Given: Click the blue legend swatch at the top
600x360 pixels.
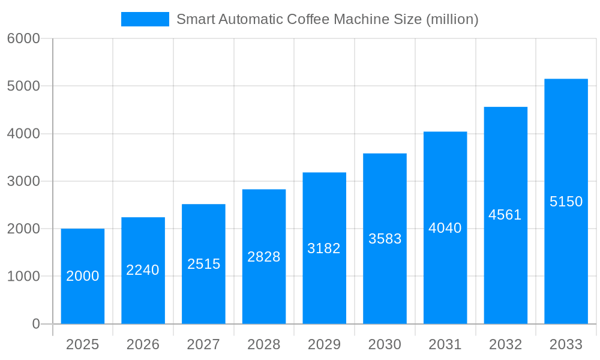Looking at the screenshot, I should [145, 19].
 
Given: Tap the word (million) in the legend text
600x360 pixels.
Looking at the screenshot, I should [452, 19].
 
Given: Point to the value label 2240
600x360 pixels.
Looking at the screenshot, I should [143, 270].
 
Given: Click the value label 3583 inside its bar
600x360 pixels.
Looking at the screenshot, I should [385, 239].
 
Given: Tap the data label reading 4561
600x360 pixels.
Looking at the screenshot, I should [505, 215].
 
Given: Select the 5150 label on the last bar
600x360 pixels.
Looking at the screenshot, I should [566, 202].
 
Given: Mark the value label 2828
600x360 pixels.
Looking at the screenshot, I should [264, 257].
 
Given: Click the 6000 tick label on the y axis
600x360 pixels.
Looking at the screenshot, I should [23, 38].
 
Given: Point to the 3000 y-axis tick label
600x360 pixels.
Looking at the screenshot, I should [23, 181].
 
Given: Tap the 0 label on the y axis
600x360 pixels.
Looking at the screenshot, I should [35, 324].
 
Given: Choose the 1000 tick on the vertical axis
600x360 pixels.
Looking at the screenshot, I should [23, 277].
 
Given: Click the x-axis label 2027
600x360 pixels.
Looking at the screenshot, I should [203, 344].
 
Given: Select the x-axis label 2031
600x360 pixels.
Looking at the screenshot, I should [445, 344].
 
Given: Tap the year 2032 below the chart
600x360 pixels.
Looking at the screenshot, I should [505, 344].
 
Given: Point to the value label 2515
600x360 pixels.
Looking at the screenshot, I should [203, 264].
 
